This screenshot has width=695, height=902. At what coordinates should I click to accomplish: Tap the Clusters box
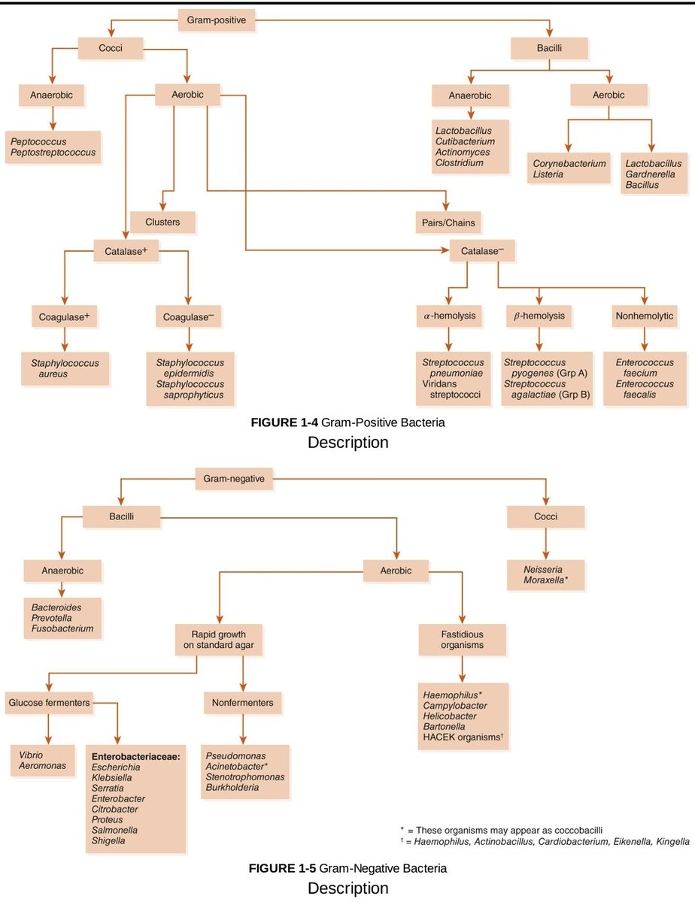tap(162, 222)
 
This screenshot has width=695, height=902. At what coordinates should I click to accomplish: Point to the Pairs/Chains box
tap(449, 222)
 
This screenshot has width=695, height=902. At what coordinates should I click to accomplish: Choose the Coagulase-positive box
tap(64, 317)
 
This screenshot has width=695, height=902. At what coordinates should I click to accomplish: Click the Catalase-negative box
tap(482, 251)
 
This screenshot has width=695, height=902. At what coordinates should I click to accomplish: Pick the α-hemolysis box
tap(448, 316)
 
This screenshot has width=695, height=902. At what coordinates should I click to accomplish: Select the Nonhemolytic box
tap(645, 316)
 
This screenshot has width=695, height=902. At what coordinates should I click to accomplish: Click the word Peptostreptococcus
tap(53, 153)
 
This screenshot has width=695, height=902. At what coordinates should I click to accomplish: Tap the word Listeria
tap(548, 174)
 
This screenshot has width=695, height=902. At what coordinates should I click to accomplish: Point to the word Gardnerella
tap(651, 174)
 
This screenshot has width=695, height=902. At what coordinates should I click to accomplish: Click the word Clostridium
tap(459, 162)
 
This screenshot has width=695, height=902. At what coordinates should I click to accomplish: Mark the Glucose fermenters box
tap(49, 703)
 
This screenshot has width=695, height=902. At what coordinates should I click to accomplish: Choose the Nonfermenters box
tap(242, 703)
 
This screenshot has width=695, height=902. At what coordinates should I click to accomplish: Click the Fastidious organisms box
tap(462, 639)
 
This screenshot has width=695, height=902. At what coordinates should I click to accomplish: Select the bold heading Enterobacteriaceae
tap(135, 755)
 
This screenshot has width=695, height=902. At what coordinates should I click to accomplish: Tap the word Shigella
tap(108, 840)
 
